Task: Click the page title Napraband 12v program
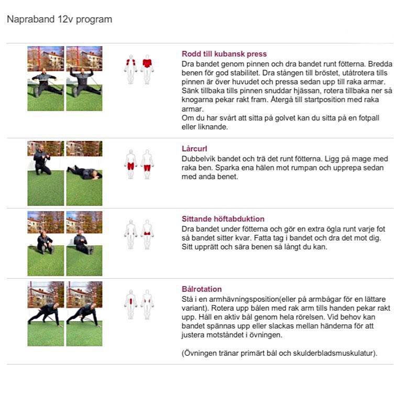pyautogui.click(x=59, y=20)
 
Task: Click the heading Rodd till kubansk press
pyautogui.click(x=224, y=54)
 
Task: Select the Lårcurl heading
pyautogui.click(x=194, y=149)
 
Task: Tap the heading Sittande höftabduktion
pyautogui.click(x=223, y=219)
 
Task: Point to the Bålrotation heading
pyautogui.click(x=201, y=289)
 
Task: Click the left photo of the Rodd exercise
pyautogui.click(x=46, y=78)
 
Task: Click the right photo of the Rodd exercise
pyautogui.click(x=84, y=78)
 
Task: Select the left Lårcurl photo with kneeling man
pyautogui.click(x=46, y=173)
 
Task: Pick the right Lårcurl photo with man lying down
pyautogui.click(x=84, y=173)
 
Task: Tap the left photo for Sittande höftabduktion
pyautogui.click(x=46, y=243)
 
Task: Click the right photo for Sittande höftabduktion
pyautogui.click(x=84, y=243)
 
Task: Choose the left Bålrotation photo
pyautogui.click(x=46, y=313)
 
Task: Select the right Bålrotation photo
pyautogui.click(x=84, y=313)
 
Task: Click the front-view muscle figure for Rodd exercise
pyautogui.click(x=130, y=70)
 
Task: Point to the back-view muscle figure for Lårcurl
pyautogui.click(x=147, y=164)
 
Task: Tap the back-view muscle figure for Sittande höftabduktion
pyautogui.click(x=147, y=234)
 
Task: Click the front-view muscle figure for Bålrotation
pyautogui.click(x=130, y=304)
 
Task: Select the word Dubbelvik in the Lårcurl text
pyautogui.click(x=199, y=159)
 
